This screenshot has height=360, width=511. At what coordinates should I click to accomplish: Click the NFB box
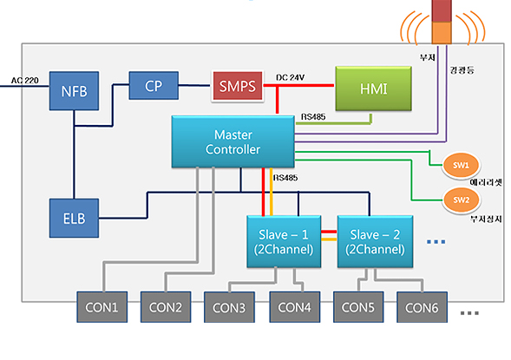pos(74,91)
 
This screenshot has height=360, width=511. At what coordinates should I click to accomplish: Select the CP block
pos(154,86)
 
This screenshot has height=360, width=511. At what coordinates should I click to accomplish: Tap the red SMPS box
pos(237,87)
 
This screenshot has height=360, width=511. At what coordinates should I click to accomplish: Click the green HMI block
pos(373,88)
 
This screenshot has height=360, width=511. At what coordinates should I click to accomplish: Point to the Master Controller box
pos(233,141)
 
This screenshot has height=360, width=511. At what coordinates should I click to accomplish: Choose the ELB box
pos(74,218)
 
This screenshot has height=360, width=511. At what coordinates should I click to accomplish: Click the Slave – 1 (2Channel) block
pos(284,241)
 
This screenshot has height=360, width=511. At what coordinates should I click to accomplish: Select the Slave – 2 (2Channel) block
pos(375,241)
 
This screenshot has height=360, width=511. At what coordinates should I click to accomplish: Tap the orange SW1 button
pos(461,165)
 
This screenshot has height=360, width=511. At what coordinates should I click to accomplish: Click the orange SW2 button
pos(461,200)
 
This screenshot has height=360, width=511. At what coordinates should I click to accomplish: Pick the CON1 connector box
pos(102,307)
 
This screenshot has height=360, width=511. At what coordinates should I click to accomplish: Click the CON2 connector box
pos(166,307)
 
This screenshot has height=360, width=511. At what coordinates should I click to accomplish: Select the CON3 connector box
pos(229,307)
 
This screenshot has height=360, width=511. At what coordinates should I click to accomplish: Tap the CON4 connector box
pos(295,307)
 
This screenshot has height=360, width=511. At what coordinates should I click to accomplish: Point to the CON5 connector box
pos(358,307)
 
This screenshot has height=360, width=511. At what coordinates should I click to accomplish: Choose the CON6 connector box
pos(422,307)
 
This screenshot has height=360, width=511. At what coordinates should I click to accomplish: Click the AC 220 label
pos(25,80)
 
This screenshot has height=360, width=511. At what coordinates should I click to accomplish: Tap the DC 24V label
pos(290,77)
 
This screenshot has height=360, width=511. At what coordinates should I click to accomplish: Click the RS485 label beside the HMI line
pos(313,116)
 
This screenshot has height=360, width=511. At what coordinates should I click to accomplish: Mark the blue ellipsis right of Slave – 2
pos(436,242)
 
